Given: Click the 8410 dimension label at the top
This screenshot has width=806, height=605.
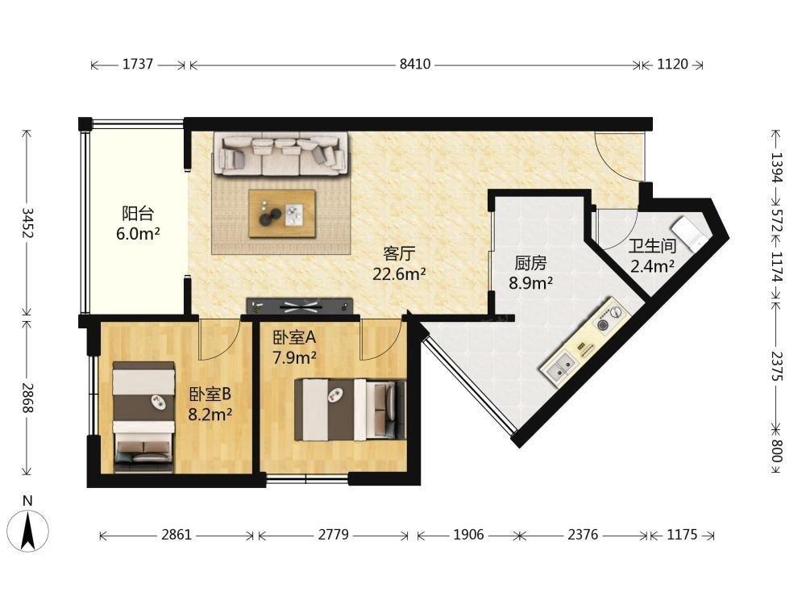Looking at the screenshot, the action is [415, 65].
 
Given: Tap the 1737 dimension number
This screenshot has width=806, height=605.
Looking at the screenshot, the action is [138, 64].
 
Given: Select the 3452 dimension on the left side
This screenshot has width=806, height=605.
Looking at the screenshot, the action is [27, 223].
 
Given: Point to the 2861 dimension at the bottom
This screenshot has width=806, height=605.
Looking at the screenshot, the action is [177, 535].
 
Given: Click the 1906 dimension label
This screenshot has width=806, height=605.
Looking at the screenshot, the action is [468, 535].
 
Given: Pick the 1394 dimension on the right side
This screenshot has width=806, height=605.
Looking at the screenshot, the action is [776, 168].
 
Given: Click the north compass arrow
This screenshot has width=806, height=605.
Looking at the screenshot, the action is [27, 529].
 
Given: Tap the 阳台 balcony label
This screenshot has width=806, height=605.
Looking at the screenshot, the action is [138, 214].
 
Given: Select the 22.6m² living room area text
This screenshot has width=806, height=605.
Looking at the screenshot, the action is [399, 274].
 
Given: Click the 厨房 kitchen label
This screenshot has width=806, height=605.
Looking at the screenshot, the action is [530, 264].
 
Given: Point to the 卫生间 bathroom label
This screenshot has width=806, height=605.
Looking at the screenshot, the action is [652, 246].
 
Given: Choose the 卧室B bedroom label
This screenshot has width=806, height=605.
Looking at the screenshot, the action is [210, 394].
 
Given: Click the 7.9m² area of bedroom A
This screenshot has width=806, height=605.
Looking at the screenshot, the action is [294, 357].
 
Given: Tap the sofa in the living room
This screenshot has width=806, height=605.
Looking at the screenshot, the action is [280, 153].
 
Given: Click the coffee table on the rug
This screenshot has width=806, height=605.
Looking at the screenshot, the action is [281, 214].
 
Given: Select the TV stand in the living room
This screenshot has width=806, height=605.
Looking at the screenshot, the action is [300, 306].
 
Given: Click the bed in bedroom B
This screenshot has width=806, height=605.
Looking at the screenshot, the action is [143, 417].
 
